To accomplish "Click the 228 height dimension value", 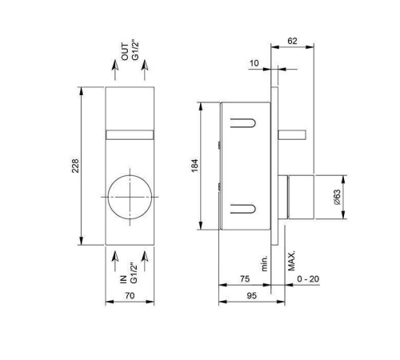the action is pyautogui.click(x=75, y=166).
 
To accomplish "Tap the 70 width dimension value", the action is pyautogui.click(x=130, y=295).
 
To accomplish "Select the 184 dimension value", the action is pyautogui.click(x=195, y=166).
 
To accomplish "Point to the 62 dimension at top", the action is pyautogui.click(x=292, y=41).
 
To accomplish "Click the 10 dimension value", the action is pyautogui.click(x=254, y=63).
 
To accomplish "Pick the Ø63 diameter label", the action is pyautogui.click(x=337, y=197).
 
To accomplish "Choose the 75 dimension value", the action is pyautogui.click(x=245, y=278).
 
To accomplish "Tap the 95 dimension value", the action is pyautogui.click(x=252, y=295).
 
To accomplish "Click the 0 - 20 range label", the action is pyautogui.click(x=308, y=278).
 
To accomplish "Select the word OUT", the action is pyautogui.click(x=125, y=51).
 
